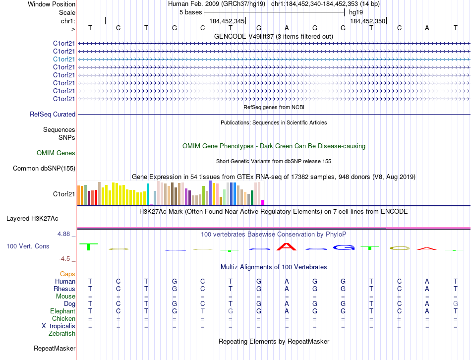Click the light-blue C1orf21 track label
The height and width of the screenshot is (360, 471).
[64, 59]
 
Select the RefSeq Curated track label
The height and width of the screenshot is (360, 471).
[53, 115]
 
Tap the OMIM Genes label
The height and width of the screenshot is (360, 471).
[56, 153]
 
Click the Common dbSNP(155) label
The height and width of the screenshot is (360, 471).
[44, 169]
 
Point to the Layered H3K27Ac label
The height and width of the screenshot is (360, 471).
[32, 218]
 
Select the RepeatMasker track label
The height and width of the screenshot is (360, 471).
[54, 349]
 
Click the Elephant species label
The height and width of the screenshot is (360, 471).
[62, 311]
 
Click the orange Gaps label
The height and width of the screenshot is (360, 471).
[67, 274]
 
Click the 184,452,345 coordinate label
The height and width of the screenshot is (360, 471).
[227, 21]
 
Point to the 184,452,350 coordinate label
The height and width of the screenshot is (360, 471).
[367, 21]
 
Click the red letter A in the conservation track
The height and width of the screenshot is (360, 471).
[287, 246]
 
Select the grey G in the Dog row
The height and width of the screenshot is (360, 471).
[455, 303]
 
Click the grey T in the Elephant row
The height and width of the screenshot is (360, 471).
[202, 311]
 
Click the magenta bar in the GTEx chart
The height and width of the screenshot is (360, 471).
[263, 202]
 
